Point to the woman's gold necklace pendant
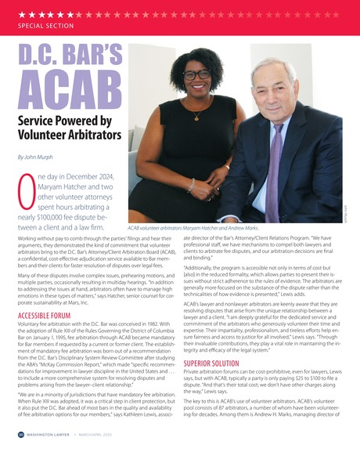[x=196, y=118]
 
